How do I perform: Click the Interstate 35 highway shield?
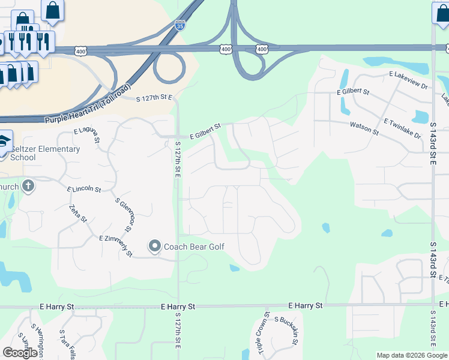(180, 26)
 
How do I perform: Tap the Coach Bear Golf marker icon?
(155, 246)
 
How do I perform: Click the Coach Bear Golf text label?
(191, 246)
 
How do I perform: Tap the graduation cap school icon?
(4, 140)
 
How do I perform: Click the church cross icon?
(28, 186)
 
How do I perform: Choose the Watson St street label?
(364, 128)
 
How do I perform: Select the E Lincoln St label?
(84, 189)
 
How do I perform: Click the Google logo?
(20, 353)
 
